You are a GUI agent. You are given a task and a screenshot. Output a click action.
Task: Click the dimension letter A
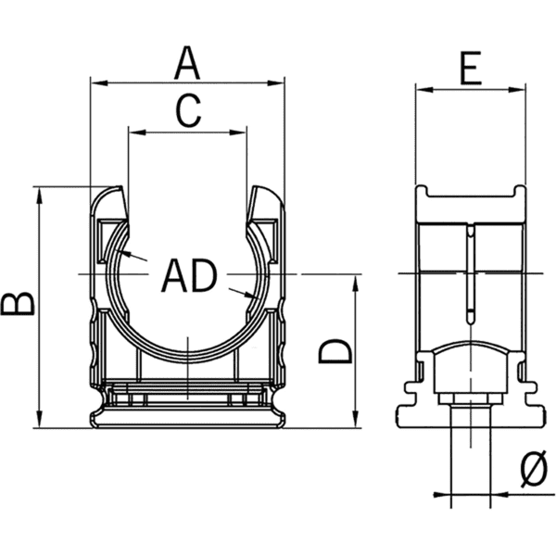tap(187, 63)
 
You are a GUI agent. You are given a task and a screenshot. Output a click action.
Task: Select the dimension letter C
tap(188, 111)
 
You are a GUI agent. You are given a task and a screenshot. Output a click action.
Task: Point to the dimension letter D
tap(335, 350)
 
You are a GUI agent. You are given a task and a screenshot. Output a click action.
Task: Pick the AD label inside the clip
tap(189, 274)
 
